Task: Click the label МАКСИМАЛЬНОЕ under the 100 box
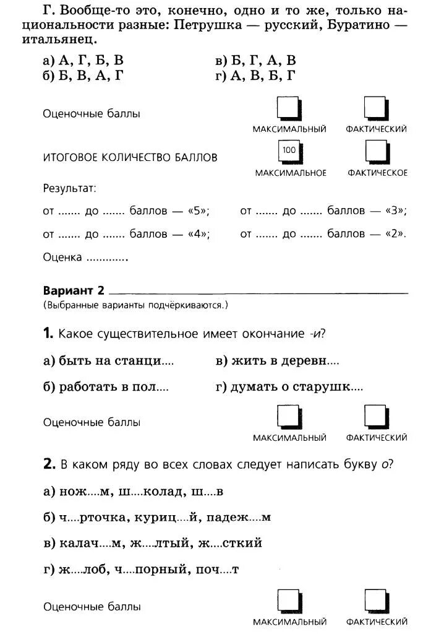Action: point(291,173)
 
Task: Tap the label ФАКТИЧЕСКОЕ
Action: point(377,173)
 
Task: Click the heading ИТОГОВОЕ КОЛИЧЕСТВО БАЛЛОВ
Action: point(130,157)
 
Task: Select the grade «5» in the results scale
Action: point(198,211)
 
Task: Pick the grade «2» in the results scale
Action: point(395,234)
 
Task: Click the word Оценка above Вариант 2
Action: point(62,258)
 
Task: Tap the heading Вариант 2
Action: point(74,290)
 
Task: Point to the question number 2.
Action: point(49,464)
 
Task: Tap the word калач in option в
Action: point(85,543)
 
